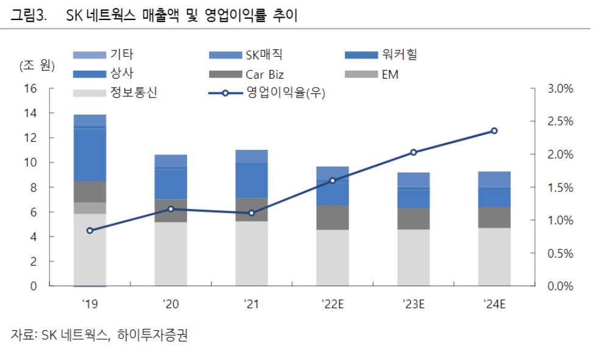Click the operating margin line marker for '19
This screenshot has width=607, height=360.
coord(90,230)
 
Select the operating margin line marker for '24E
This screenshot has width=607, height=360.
coord(494,131)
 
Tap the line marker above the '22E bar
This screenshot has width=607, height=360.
coord(332,180)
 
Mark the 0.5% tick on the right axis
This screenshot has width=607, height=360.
coord(561,253)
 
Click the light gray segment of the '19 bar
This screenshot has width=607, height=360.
coord(90,250)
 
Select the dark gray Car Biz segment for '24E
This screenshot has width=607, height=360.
coord(494,217)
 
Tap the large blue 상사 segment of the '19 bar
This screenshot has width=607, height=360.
coord(90,155)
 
